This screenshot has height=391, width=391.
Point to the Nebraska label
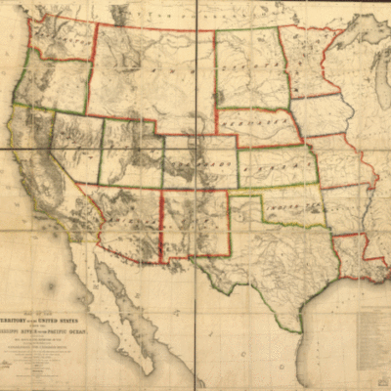click(256, 128)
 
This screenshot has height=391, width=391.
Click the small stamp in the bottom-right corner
click(377, 376)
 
